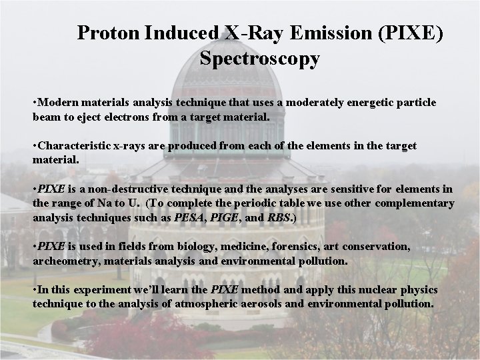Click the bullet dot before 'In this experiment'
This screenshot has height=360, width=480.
coord(35,291)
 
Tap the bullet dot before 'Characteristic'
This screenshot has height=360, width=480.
coord(35,146)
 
